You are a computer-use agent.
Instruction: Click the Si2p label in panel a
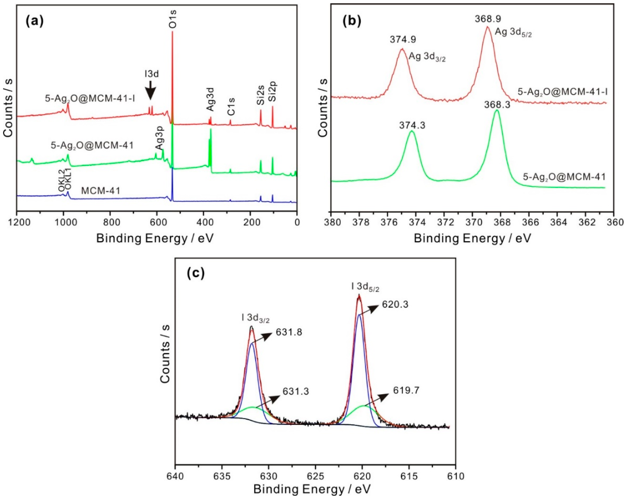click(x=273, y=91)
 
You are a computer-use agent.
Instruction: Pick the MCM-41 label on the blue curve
click(x=101, y=191)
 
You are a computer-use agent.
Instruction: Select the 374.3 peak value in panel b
click(x=412, y=125)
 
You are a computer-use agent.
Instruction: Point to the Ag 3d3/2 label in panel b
click(x=427, y=57)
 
